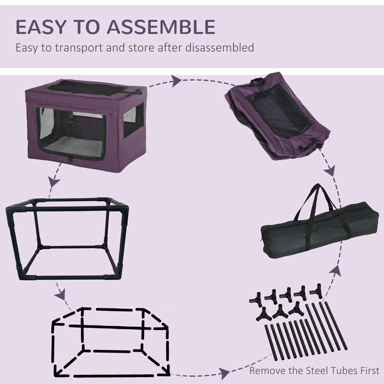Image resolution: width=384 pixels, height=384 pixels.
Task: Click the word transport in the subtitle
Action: click(75, 48)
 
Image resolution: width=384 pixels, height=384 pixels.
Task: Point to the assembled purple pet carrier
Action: click(86, 124)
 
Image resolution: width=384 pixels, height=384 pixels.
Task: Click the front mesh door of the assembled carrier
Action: click(71, 133)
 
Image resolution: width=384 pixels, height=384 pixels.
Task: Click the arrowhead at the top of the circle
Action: click(176, 81)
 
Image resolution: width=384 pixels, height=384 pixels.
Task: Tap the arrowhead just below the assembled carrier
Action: click(54, 183)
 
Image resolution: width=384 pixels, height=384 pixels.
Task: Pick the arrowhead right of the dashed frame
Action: click(224, 373)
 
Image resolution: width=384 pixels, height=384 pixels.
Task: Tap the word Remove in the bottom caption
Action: click(264, 371)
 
